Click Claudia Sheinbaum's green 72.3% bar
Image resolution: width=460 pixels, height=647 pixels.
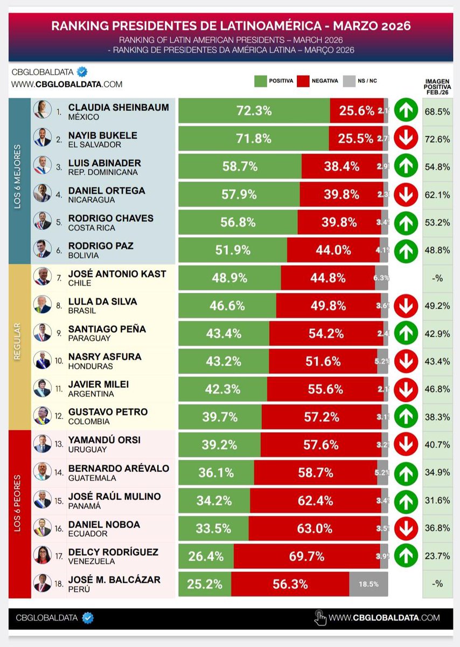tap(254, 111)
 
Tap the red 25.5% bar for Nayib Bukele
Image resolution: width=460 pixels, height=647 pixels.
tap(356, 139)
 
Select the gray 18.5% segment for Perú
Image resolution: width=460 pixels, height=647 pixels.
tap(368, 584)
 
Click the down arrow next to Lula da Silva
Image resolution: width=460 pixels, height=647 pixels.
tap(406, 306)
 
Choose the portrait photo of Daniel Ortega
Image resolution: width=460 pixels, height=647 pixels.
tap(42, 192)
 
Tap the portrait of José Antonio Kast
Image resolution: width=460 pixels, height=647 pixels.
tap(42, 276)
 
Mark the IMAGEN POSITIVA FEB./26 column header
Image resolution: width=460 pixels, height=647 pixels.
tap(437, 86)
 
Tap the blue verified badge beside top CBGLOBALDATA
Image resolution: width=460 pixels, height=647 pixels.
tap(82, 72)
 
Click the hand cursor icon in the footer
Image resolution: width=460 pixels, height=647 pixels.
tap(320, 617)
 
